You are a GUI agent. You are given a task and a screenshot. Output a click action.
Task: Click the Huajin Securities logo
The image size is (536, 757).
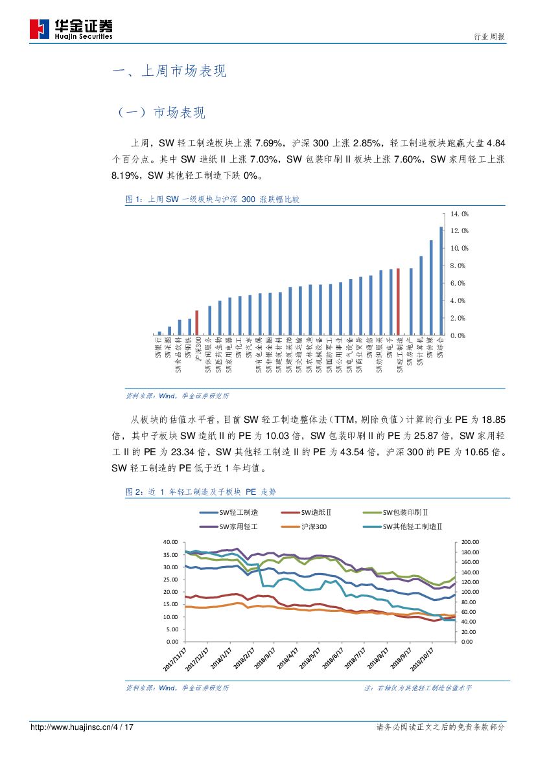click(x=71, y=29)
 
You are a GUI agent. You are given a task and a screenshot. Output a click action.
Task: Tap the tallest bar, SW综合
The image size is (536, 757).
click(x=441, y=281)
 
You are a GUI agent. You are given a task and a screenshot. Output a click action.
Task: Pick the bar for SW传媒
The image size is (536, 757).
click(x=431, y=288)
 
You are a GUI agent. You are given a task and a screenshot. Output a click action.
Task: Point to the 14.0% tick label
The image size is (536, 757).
click(x=460, y=214)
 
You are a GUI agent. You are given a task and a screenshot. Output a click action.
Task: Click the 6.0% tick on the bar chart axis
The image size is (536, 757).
click(x=458, y=284)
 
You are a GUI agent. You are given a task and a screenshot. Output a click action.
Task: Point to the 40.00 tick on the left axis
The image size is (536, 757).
click(x=170, y=541)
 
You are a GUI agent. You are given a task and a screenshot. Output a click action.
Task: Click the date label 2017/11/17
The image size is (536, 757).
click(x=176, y=661)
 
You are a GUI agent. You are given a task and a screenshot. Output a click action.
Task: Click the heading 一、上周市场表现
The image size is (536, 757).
click(x=169, y=71)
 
